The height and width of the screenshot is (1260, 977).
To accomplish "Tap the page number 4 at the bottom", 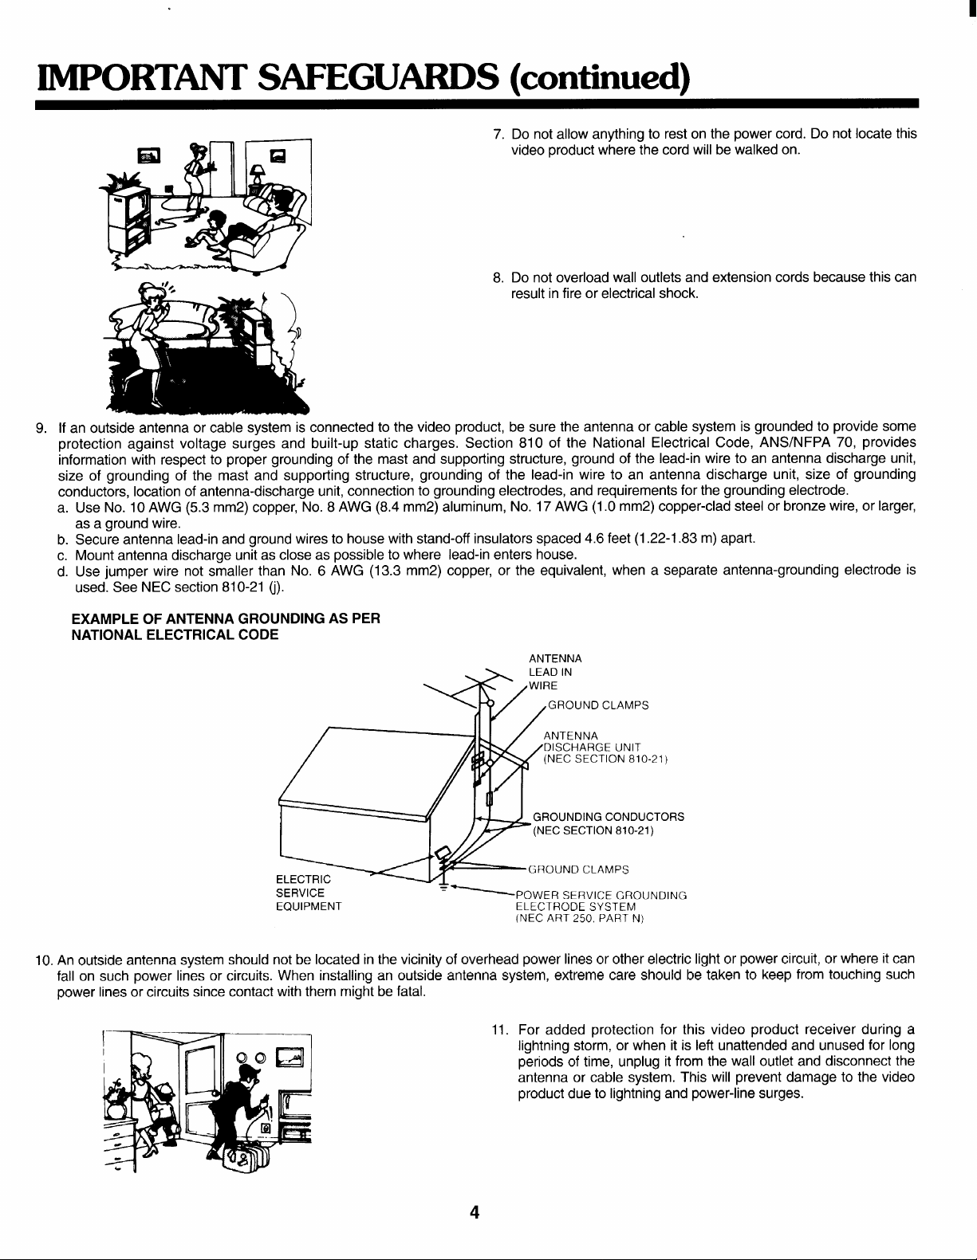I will pyautogui.click(x=474, y=1214).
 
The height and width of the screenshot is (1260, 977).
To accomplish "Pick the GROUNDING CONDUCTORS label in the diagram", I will pyautogui.click(x=608, y=817).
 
